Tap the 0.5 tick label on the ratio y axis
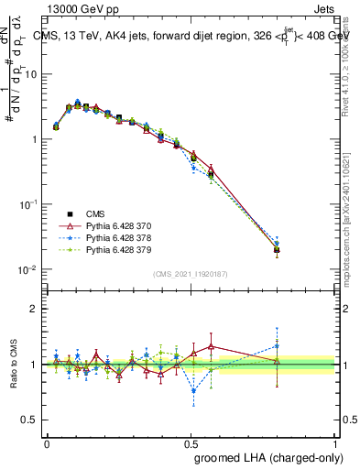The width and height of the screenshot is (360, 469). pos(31,420)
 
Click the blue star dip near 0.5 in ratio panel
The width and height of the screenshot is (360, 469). pos(193,391)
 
